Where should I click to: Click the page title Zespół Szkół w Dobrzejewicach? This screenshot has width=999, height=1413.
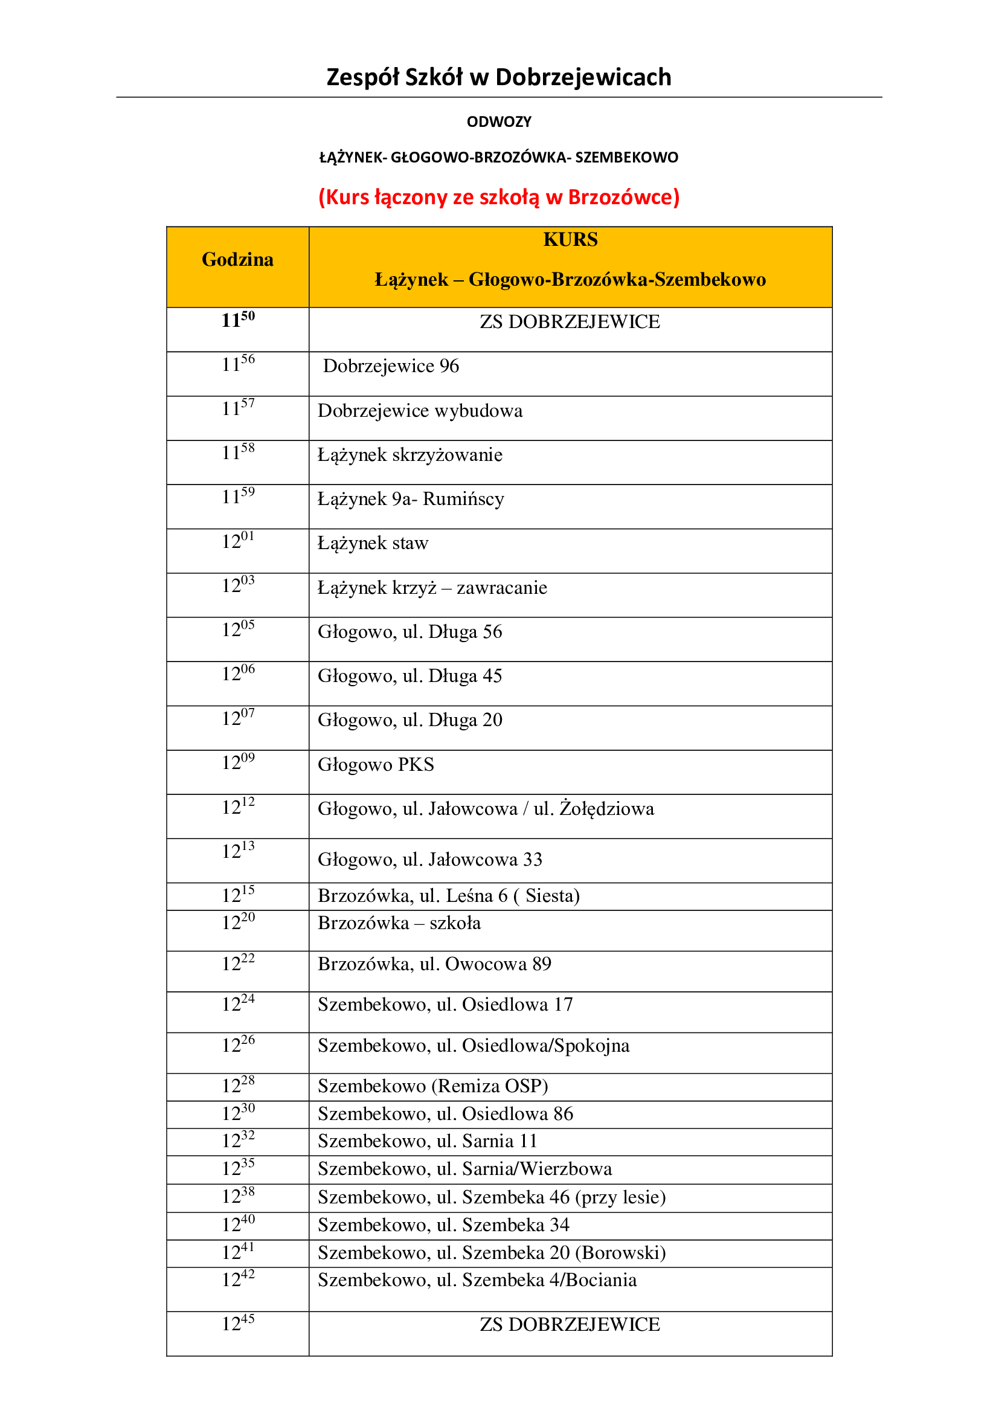tap(498, 77)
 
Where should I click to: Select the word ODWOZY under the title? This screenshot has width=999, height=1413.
tap(499, 122)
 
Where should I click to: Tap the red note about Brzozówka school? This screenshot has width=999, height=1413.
tap(499, 197)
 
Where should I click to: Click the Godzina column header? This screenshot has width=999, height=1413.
tap(237, 260)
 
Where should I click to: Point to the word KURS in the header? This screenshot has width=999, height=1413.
tap(570, 239)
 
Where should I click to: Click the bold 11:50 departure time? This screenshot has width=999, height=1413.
tap(238, 320)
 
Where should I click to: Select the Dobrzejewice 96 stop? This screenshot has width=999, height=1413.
tap(391, 366)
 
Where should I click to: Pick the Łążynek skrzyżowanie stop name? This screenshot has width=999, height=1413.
tap(410, 455)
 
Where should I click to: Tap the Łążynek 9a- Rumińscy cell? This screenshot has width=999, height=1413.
tap(411, 499)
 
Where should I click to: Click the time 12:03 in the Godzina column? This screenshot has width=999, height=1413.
tap(238, 585)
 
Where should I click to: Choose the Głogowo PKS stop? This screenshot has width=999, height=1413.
tap(376, 764)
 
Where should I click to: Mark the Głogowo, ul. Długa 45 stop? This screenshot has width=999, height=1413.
tap(410, 676)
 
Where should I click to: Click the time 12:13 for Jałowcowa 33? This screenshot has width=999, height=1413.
tap(238, 851)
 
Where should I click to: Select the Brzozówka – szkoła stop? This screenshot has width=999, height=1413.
tap(399, 923)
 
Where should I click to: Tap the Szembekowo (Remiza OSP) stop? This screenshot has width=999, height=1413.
tap(432, 1086)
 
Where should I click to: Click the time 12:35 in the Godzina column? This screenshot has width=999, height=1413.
tap(238, 1168)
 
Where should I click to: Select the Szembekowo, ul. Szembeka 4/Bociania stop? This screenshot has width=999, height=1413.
tap(477, 1280)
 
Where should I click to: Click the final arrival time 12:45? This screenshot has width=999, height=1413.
tap(238, 1323)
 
